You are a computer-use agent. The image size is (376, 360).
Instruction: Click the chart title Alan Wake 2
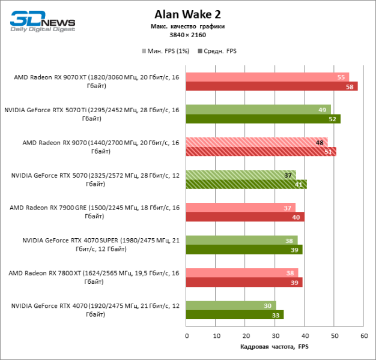pos(188,14)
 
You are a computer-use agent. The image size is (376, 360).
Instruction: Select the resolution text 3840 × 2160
pos(188,35)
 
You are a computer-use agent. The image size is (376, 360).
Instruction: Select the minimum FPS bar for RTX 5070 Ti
pos(258,110)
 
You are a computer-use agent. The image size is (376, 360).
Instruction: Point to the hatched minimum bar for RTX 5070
pos(240,175)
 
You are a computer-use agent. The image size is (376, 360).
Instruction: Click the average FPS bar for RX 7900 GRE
pos(244,217)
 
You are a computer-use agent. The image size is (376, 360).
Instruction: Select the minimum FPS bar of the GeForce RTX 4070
pos(231,305)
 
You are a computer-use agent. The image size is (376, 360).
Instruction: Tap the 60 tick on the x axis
pos(363,336)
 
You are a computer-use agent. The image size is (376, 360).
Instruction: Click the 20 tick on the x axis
pos(245,336)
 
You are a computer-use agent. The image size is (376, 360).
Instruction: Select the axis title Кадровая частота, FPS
pos(274,347)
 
